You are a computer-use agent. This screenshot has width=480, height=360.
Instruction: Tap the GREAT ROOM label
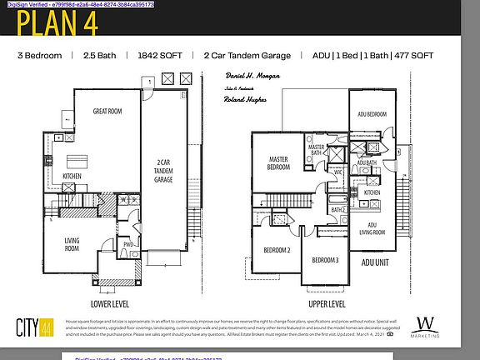click(x=109, y=111)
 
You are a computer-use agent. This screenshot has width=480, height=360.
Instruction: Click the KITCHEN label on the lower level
click(x=72, y=176)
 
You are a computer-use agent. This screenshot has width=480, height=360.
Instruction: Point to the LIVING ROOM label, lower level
click(x=72, y=245)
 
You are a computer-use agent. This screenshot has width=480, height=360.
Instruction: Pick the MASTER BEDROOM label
click(x=277, y=162)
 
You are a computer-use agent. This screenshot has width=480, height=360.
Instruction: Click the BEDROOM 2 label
click(x=277, y=250)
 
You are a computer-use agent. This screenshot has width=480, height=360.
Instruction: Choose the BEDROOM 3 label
click(x=325, y=260)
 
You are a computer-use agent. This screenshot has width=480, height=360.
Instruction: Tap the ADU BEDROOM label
click(x=372, y=114)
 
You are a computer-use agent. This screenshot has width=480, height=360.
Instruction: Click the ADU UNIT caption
click(x=374, y=262)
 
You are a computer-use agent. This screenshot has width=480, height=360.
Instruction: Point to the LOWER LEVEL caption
click(x=110, y=303)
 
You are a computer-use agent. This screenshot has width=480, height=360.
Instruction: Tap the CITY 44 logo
click(x=36, y=327)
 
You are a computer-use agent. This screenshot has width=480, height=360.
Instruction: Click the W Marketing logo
click(x=425, y=325)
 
